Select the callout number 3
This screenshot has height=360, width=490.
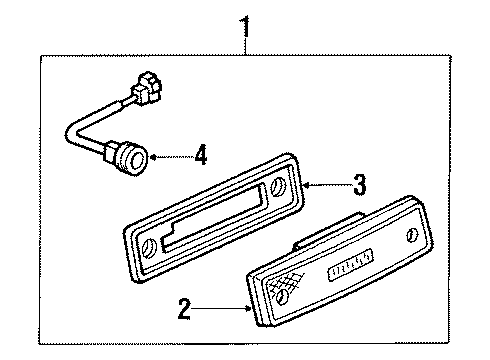pyautogui.click(x=360, y=184)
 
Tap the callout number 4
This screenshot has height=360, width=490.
pyautogui.click(x=200, y=155)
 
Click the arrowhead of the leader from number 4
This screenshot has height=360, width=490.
pyautogui.click(x=153, y=155)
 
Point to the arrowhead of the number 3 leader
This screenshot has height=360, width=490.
pyautogui.click(x=304, y=184)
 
